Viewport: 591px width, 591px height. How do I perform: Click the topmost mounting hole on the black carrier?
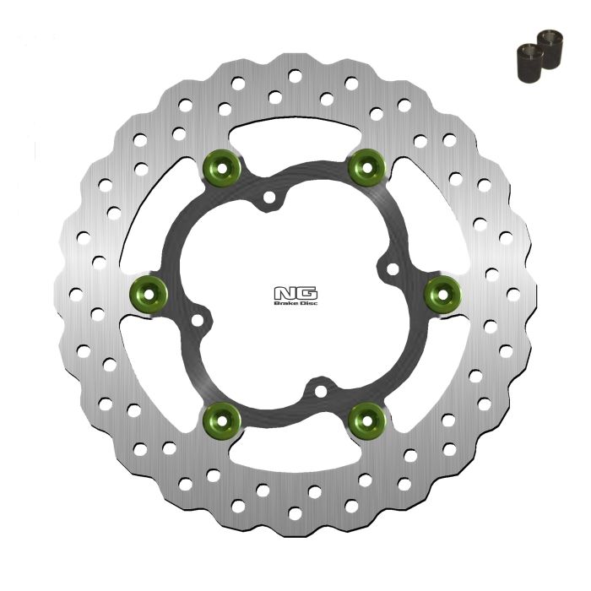269,200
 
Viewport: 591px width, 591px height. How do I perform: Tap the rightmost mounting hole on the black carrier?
391,268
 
